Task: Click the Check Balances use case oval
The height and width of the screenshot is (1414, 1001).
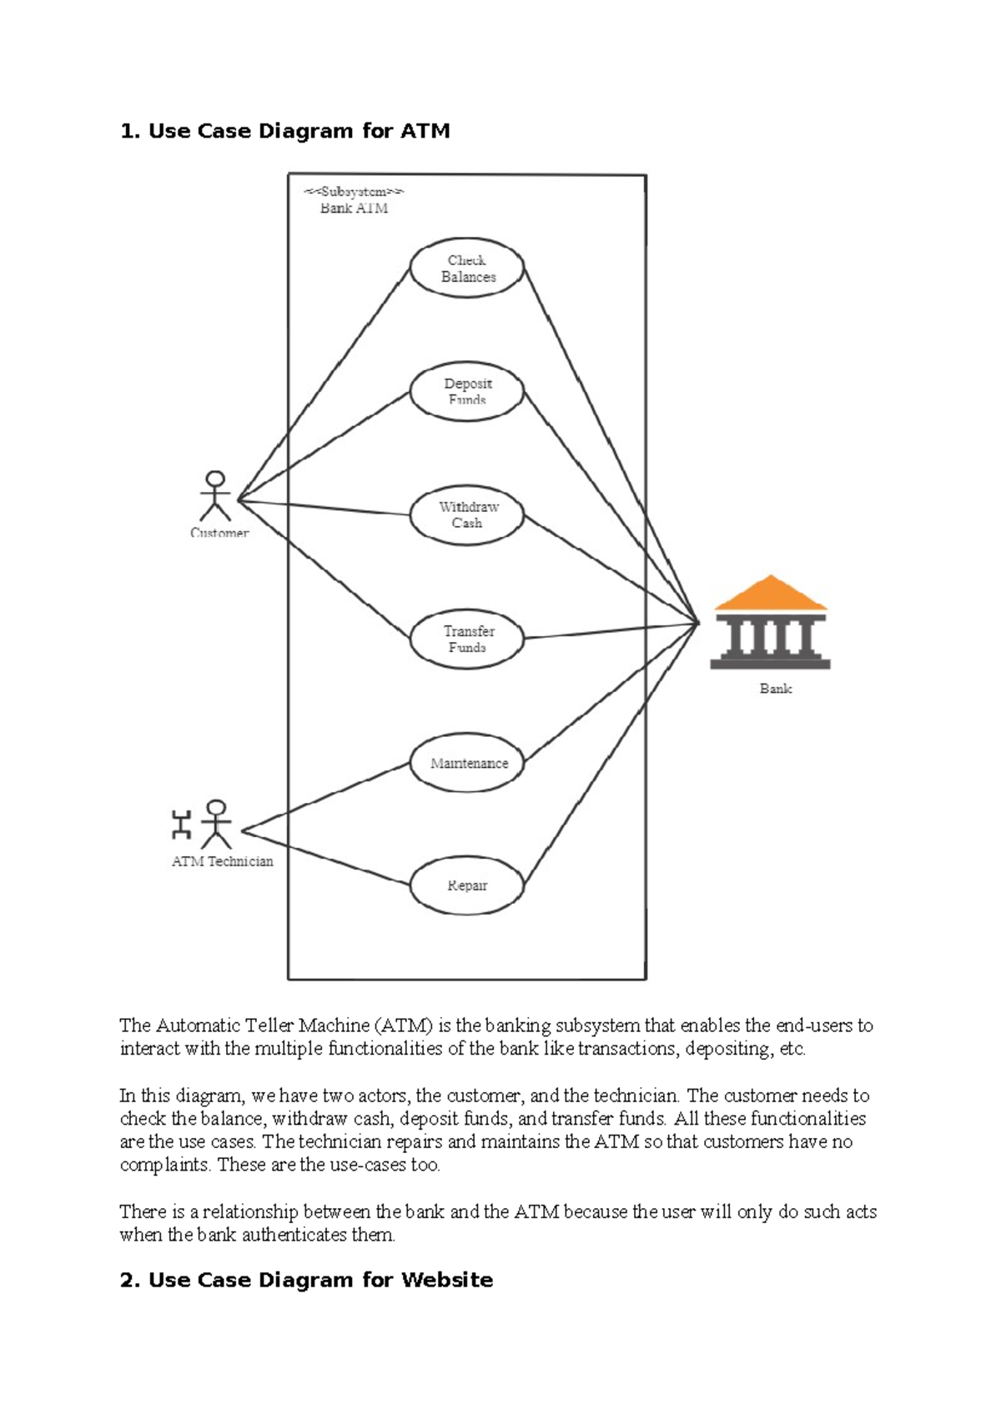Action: [x=466, y=268]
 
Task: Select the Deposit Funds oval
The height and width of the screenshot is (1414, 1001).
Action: [x=466, y=392]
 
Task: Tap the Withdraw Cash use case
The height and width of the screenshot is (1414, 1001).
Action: [x=466, y=515]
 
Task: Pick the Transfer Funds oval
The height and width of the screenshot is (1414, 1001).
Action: [x=466, y=639]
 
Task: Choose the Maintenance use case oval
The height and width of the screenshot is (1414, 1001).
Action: [x=466, y=763]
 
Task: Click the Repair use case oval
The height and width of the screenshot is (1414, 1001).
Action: [x=466, y=885]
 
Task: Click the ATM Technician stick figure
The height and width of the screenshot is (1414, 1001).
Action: [x=217, y=825]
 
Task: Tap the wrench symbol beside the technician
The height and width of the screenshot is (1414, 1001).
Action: [x=181, y=825]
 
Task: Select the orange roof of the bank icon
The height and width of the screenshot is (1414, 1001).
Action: [x=771, y=594]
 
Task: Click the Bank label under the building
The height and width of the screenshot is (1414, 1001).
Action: [x=775, y=689]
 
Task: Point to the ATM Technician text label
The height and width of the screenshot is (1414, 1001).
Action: [x=222, y=862]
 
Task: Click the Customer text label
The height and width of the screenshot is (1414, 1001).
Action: [x=219, y=533]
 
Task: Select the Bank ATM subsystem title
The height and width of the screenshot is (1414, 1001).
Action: [x=354, y=208]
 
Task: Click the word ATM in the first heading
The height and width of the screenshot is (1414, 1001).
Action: [x=425, y=131]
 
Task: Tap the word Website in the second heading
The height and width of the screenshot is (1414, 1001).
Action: [x=447, y=1280]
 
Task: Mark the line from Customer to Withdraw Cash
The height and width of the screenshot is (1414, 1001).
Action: [x=325, y=508]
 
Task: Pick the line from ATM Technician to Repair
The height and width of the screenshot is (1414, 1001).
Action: [x=325, y=858]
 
